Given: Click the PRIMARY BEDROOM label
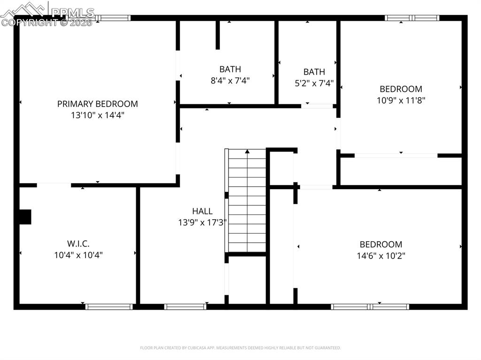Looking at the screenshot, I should [97, 104].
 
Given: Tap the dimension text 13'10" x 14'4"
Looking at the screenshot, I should [97, 115].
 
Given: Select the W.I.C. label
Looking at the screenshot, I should [78, 244].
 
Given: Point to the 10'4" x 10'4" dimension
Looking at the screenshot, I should [78, 255].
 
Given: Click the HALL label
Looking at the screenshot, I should [202, 211].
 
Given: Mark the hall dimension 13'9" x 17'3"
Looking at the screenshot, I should [202, 223].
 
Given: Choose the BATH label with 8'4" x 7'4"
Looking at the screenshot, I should [230, 69].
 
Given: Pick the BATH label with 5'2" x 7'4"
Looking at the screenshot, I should [314, 72].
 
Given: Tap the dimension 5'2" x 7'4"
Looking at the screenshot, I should [314, 84].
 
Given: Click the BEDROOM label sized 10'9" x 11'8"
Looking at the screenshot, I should [401, 89].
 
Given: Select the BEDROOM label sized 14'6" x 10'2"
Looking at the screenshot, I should [380, 244].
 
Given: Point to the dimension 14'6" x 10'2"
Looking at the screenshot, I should [380, 256].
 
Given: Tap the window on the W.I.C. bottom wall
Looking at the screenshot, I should [109, 307].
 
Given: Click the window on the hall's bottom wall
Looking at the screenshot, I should [185, 307].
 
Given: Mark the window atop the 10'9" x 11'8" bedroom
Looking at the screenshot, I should [411, 18].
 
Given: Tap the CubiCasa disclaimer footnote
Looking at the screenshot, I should [240, 348].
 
